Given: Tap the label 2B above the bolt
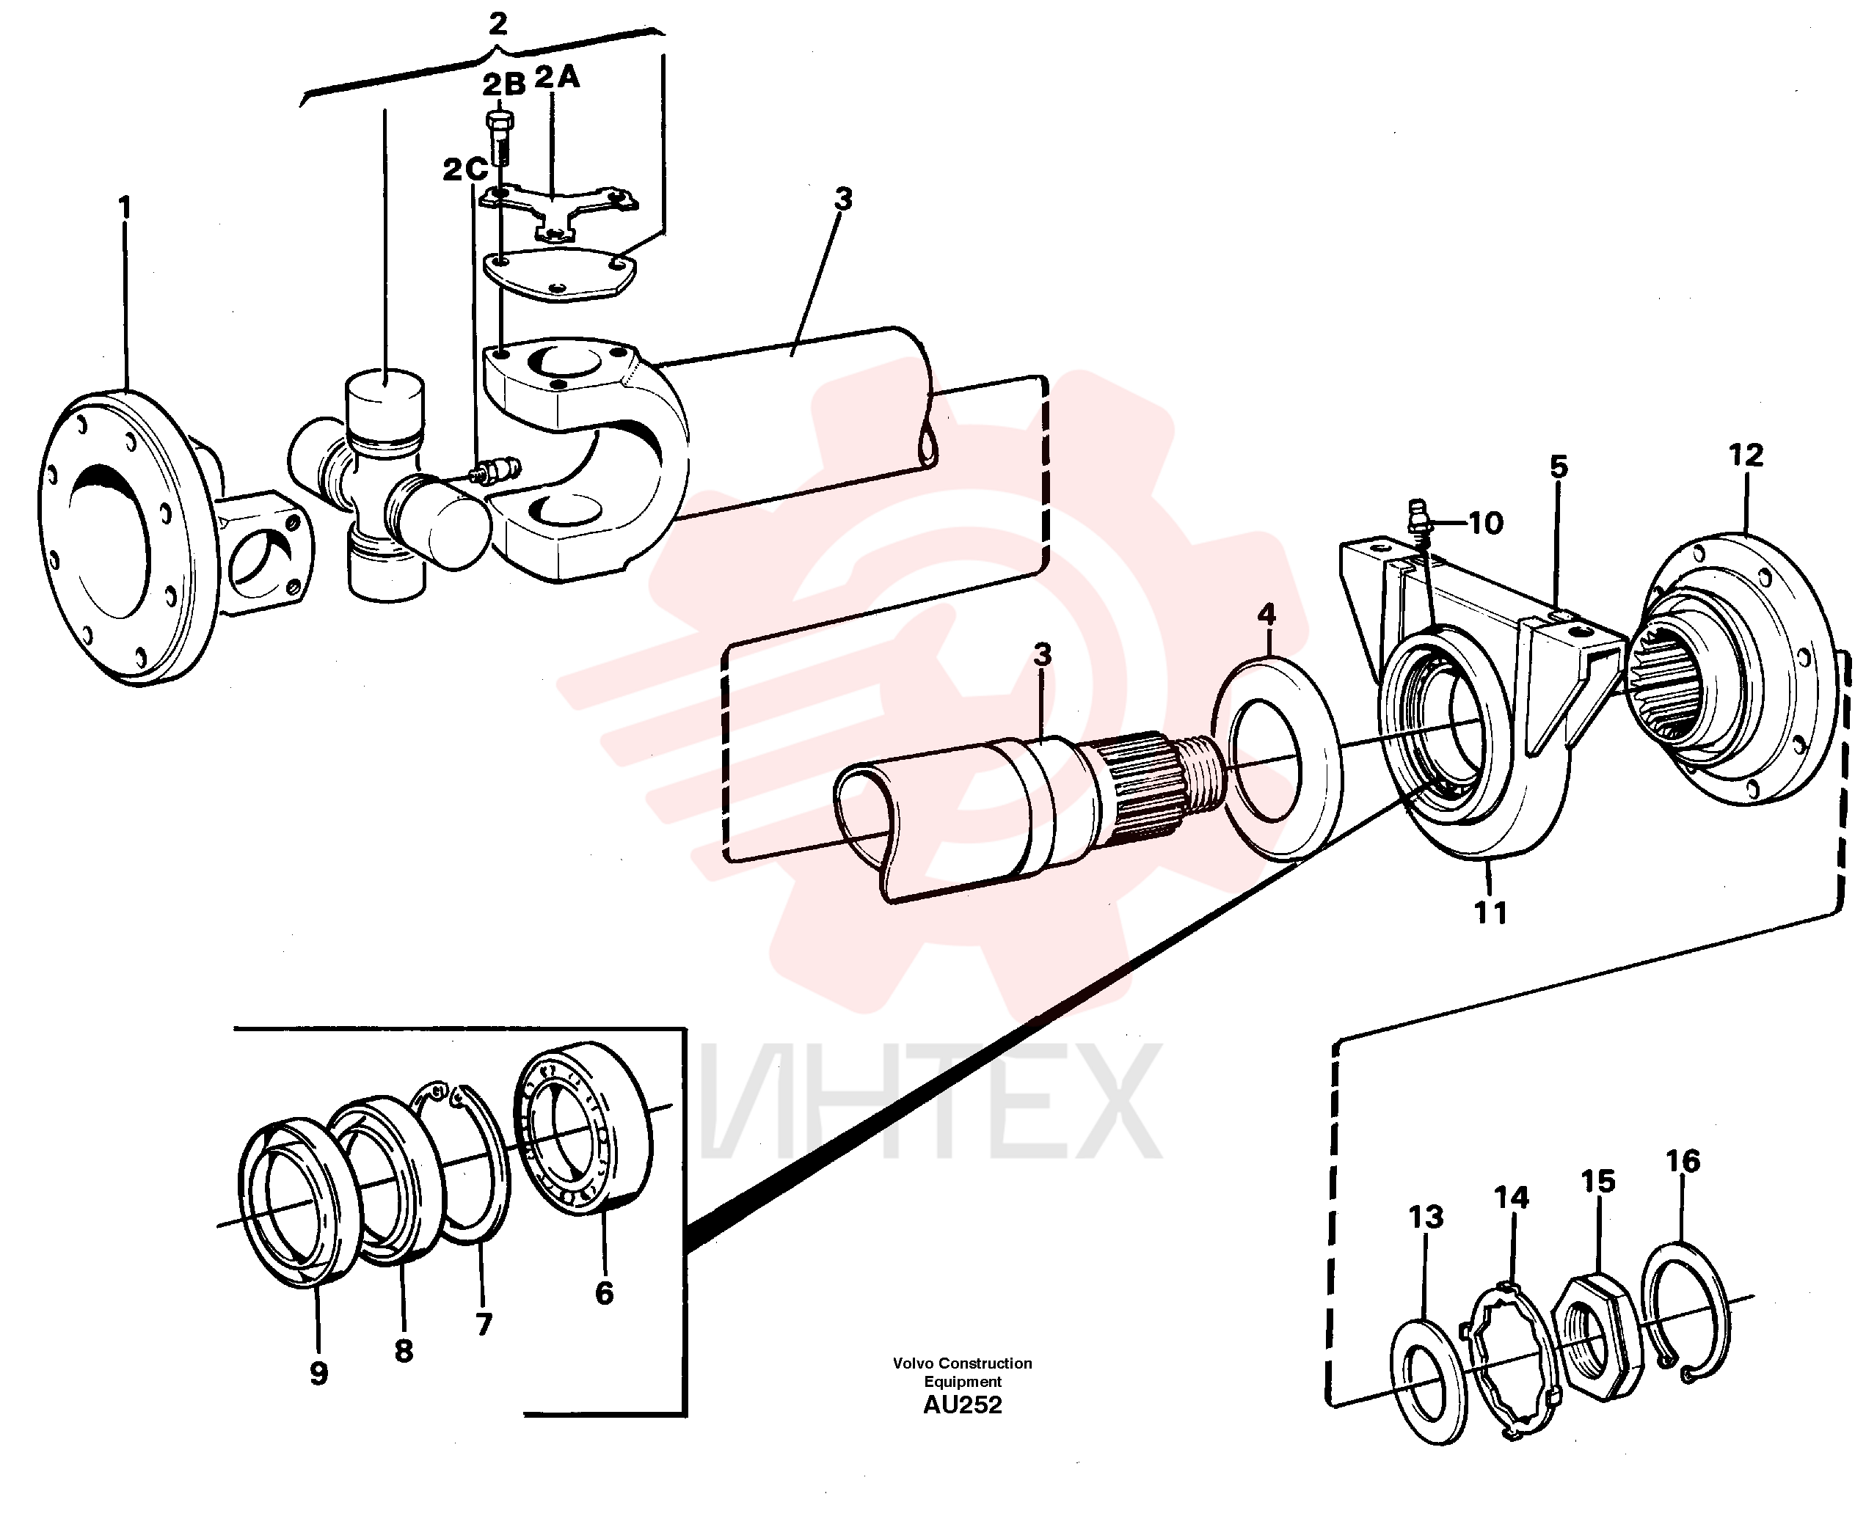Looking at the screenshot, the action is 504,84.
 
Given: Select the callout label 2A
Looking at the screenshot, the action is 558,78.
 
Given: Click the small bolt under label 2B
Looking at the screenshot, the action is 499,137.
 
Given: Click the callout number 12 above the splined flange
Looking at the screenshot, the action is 1746,455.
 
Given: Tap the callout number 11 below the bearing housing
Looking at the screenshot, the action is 1490,912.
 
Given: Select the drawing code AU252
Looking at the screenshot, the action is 962,1405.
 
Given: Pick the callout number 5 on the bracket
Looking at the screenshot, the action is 1559,467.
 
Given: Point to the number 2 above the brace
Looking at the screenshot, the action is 498,23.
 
